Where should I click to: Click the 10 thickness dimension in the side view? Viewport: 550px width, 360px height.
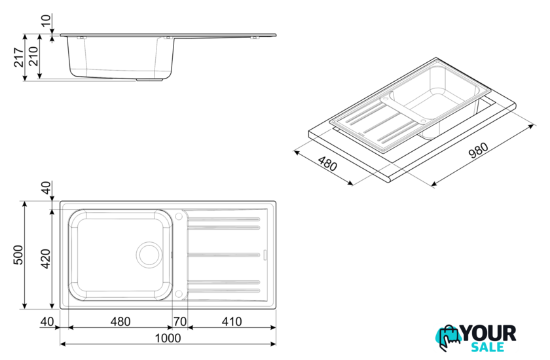46,20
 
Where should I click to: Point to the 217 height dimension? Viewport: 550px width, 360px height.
18,57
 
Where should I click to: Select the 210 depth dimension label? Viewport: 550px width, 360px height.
33,56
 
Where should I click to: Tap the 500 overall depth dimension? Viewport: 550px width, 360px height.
18,255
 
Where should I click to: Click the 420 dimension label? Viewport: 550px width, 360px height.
46,259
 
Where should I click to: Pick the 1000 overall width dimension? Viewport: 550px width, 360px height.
168,338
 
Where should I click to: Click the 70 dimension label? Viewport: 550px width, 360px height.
180,321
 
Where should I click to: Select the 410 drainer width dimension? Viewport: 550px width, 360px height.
232,321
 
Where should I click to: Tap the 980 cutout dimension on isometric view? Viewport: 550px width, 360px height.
478,151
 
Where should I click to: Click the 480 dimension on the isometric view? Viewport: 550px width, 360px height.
327,163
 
